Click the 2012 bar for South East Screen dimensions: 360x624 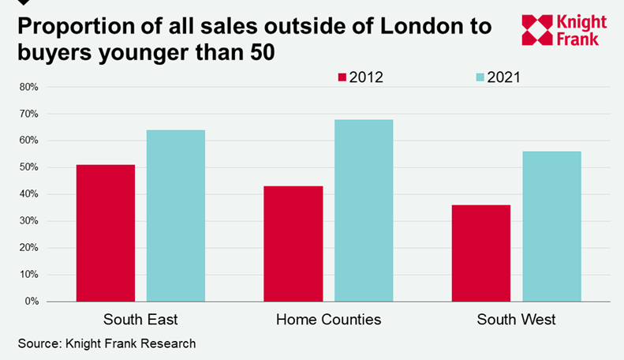(x=106, y=233)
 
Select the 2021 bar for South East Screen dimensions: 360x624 (x=176, y=216)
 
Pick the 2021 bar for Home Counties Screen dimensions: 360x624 (x=364, y=210)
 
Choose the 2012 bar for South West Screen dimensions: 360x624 (x=481, y=253)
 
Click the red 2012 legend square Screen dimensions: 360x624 (x=342, y=77)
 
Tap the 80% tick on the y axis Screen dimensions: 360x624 (x=28, y=87)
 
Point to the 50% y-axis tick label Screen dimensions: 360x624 (x=28, y=167)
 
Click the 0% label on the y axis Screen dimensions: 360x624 (x=31, y=302)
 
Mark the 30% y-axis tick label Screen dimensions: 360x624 (x=28, y=221)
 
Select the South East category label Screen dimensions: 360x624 (x=140, y=320)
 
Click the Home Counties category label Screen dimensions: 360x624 (x=328, y=320)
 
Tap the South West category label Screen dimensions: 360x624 (x=516, y=320)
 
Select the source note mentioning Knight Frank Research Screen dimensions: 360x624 (x=106, y=343)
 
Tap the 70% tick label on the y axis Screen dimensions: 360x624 (x=28, y=114)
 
